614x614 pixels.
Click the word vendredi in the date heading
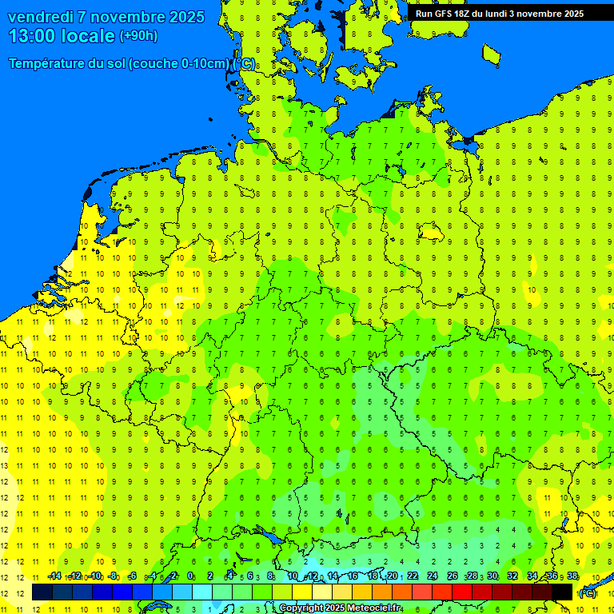(42, 17)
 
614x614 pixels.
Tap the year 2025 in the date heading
(181, 17)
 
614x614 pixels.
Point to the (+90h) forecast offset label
(139, 36)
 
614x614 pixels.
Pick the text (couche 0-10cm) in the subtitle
(180, 64)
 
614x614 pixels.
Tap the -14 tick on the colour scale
(54, 576)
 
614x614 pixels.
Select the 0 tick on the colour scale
(190, 576)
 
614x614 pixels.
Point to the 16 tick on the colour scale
(353, 576)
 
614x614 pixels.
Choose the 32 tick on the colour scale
(512, 576)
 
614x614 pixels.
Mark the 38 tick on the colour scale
(572, 576)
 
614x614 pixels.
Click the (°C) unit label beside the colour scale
(588, 592)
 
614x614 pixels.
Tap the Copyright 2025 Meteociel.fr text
(341, 608)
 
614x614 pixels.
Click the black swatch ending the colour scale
(562, 592)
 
